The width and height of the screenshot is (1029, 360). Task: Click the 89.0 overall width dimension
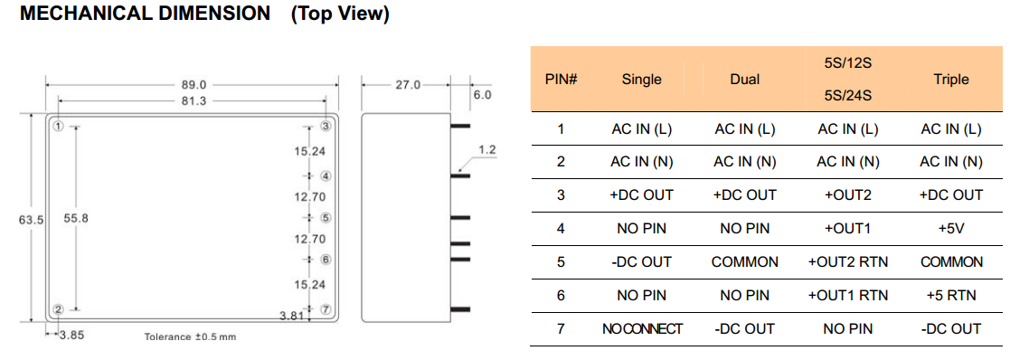(x=194, y=85)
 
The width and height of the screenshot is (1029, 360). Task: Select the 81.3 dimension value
(x=194, y=100)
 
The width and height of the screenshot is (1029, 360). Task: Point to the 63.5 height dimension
(x=31, y=220)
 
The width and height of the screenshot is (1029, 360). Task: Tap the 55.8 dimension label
(x=75, y=219)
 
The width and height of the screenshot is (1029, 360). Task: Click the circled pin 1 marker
(x=59, y=126)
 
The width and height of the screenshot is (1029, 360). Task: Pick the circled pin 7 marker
(x=326, y=309)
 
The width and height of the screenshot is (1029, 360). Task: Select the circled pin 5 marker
(x=326, y=217)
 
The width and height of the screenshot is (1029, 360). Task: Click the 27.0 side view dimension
(x=407, y=85)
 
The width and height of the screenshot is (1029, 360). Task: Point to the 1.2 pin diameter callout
(x=487, y=150)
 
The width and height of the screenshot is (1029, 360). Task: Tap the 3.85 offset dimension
(x=71, y=335)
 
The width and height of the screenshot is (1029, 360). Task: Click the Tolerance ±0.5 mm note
(x=190, y=337)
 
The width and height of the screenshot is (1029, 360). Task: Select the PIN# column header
(x=562, y=80)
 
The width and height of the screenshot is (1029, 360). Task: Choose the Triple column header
(x=951, y=80)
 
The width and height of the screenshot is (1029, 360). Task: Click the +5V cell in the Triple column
(x=951, y=229)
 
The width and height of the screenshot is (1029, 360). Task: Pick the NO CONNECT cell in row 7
(x=642, y=329)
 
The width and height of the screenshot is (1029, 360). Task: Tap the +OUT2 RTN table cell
(x=847, y=262)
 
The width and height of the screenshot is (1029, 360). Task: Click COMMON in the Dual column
(x=745, y=262)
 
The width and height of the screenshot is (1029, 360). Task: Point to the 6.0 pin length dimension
(x=482, y=95)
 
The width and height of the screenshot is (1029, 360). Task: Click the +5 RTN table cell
(x=951, y=296)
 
